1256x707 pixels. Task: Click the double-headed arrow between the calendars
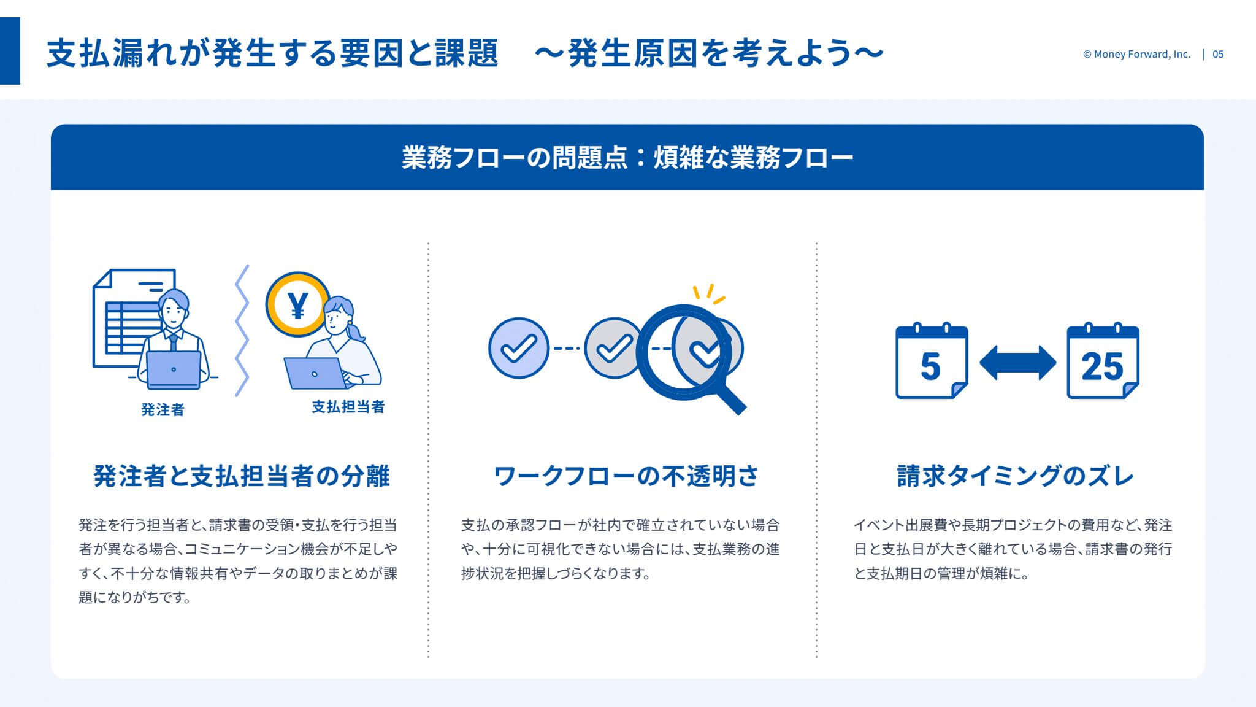1017,362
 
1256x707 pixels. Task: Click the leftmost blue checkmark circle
519,348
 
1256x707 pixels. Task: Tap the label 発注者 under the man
163,409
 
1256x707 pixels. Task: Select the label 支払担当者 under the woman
348,406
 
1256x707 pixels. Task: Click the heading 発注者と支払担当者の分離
242,476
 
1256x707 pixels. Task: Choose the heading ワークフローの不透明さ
626,476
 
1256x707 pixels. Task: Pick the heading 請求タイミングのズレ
1016,476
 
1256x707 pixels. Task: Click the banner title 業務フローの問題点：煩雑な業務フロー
627,158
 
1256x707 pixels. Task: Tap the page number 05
1218,54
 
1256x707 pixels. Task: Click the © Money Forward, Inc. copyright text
1136,54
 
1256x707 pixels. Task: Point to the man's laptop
174,370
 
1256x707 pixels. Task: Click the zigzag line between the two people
242,331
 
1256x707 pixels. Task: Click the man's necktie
174,341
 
